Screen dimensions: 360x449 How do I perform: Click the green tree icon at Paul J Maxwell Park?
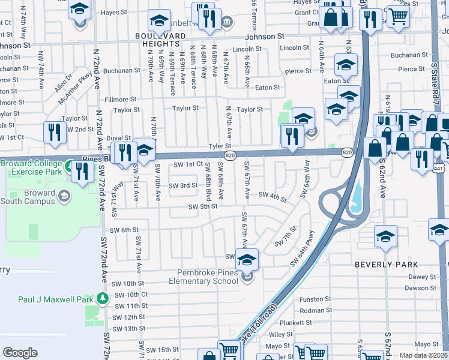[x=103, y=298]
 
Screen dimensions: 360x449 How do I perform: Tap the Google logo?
[x=20, y=353]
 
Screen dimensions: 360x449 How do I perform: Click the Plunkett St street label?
[x=313, y=322]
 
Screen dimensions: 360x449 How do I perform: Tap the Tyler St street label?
[x=220, y=146]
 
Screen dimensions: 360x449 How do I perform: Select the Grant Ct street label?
[x=307, y=12]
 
